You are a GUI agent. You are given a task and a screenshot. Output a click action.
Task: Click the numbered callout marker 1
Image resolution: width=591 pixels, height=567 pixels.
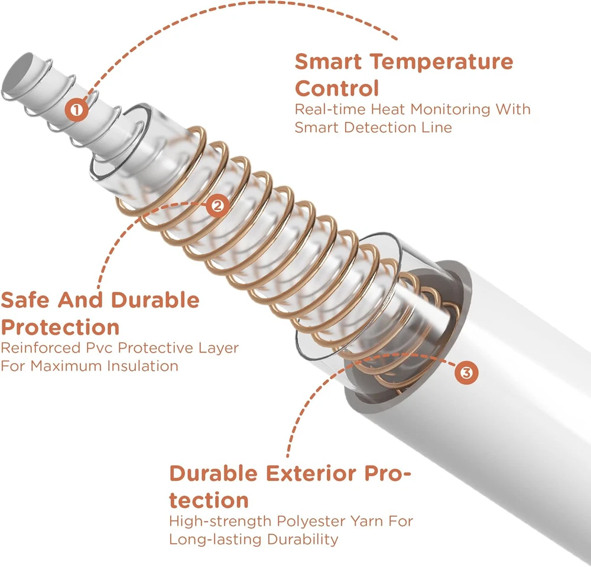pyautogui.click(x=76, y=110)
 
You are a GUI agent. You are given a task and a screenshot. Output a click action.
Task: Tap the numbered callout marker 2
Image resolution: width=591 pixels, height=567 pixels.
pyautogui.click(x=217, y=206)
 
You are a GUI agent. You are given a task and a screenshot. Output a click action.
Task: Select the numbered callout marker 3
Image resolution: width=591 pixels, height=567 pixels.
pyautogui.click(x=466, y=373)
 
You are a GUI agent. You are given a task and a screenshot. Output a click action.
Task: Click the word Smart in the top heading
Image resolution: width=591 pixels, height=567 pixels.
pyautogui.click(x=328, y=61)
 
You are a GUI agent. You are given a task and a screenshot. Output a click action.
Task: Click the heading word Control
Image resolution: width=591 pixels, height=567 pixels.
pyautogui.click(x=337, y=89)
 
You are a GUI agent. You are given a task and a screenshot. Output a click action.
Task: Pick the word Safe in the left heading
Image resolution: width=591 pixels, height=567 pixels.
pyautogui.click(x=25, y=300)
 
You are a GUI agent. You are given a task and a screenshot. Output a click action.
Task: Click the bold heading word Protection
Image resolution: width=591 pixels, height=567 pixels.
pyautogui.click(x=60, y=327)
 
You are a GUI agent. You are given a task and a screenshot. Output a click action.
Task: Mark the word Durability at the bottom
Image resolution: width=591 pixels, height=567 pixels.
pyautogui.click(x=302, y=539)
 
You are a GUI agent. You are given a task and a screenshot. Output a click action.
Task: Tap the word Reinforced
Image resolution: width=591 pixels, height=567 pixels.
pyautogui.click(x=41, y=348)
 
